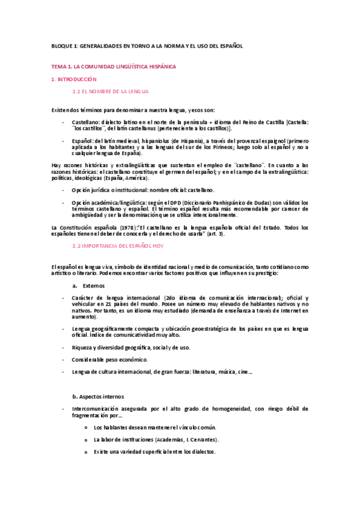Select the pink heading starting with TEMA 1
click(113, 66)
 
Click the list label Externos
click(94, 286)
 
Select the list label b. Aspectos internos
click(98, 397)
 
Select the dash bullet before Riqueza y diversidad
click(64, 347)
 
